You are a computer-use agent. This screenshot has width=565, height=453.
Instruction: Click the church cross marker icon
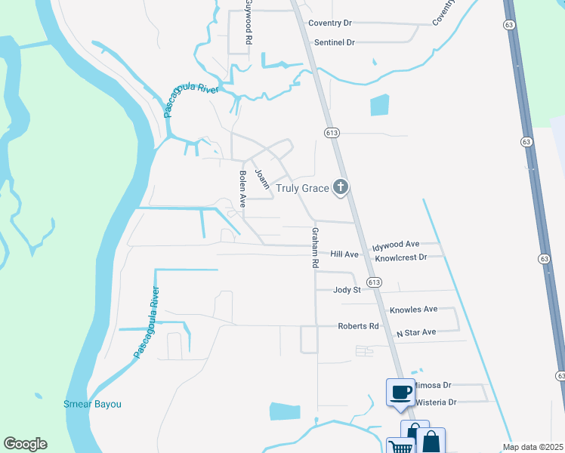341,186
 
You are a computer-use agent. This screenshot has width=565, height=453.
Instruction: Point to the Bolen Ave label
242,190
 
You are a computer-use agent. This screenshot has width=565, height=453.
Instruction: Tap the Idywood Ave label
396,245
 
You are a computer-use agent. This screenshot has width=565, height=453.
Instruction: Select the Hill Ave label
344,254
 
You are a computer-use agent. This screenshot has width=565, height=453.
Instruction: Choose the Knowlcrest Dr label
401,257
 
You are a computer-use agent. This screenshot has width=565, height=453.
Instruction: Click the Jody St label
348,289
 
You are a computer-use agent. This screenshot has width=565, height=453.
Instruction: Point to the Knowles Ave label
414,310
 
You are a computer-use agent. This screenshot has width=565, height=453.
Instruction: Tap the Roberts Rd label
357,326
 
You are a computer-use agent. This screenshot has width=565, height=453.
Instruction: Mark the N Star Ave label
416,332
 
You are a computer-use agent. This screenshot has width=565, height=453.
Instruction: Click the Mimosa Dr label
431,384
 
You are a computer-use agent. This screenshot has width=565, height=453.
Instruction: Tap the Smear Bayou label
92,404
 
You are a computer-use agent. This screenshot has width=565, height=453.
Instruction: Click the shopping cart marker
400,446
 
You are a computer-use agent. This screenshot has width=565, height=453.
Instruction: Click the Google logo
25,444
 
